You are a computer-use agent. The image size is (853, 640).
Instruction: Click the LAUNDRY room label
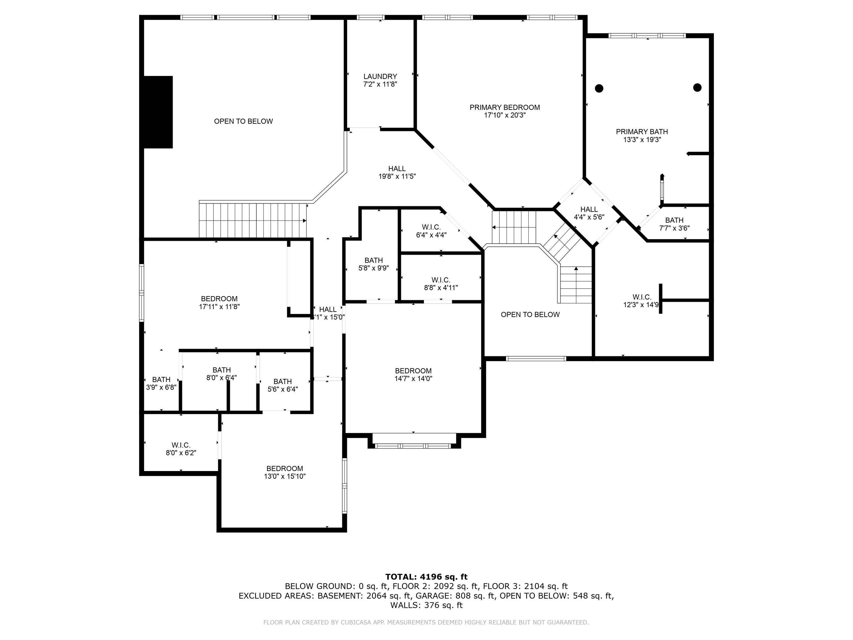point(380,77)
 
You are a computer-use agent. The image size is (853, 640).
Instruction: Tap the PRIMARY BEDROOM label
point(504,108)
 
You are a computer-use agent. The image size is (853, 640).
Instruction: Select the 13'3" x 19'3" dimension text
point(642,140)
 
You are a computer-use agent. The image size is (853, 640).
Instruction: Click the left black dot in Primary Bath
point(599,88)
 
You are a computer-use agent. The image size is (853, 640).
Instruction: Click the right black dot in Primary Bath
point(697,88)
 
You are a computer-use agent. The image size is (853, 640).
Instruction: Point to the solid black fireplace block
point(158,112)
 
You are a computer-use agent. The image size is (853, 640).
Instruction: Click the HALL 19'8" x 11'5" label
point(397,172)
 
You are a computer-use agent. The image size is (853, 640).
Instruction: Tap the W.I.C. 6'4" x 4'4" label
point(431,231)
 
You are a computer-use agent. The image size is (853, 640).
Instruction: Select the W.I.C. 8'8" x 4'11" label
point(441,284)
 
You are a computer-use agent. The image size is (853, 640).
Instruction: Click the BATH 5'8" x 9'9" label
point(373,264)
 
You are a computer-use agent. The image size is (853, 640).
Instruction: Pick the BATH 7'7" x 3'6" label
point(674,224)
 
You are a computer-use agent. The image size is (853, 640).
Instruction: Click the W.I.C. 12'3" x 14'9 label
point(641,301)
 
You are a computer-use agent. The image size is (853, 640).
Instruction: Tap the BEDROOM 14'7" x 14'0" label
point(413,375)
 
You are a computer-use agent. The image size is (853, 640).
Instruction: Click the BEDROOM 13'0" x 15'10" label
point(285,472)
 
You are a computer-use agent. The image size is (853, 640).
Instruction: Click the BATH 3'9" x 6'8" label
point(161,383)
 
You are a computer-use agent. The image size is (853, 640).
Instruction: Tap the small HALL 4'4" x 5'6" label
point(589,213)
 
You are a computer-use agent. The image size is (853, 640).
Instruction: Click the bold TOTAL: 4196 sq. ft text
point(426,577)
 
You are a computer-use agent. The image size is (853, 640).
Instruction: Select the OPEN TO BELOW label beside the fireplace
point(243,121)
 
